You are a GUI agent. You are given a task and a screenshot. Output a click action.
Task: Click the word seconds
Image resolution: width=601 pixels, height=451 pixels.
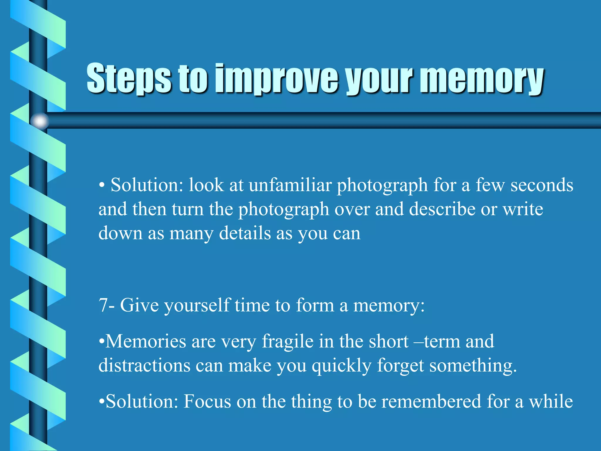[542, 185]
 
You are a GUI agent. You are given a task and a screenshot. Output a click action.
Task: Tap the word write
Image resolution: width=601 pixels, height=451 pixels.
[523, 209]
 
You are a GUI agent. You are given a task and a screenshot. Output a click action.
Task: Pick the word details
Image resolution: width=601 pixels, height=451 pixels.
[245, 233]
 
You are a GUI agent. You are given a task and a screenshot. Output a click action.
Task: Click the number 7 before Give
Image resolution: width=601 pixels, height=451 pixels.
[104, 305]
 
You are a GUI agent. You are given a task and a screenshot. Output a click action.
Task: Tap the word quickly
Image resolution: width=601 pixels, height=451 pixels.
[342, 366]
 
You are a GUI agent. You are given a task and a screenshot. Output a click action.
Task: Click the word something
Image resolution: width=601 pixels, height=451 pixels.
[473, 366]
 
